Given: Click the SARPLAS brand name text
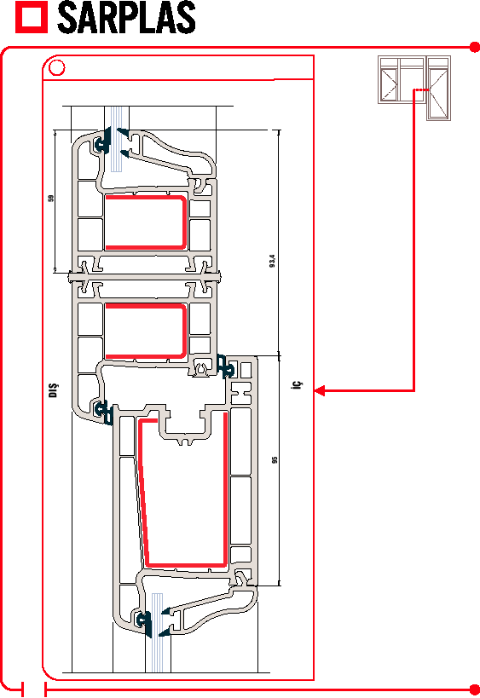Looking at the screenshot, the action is pos(126,17).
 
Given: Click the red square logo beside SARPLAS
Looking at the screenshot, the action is pos(32,17).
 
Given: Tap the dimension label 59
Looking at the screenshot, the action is pos(51,198).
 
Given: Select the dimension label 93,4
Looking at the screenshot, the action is pos(273,261).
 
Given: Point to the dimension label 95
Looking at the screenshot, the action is pos(275,459).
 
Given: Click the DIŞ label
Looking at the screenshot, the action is pos(53,390).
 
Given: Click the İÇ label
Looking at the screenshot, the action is pos(297,384).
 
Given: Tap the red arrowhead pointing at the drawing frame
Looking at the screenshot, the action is pos(319,391).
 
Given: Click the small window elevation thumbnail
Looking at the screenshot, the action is pos(414,88).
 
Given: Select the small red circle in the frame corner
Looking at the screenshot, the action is pos(56,68).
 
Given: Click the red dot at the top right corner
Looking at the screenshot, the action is pos(475,47).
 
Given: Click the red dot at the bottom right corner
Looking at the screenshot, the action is pos(475,689).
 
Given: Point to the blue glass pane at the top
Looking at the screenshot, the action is pos(116,139).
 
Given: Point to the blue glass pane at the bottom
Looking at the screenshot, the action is pos(157,632).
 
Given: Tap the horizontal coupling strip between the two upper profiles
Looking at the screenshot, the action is pos(145,277).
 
